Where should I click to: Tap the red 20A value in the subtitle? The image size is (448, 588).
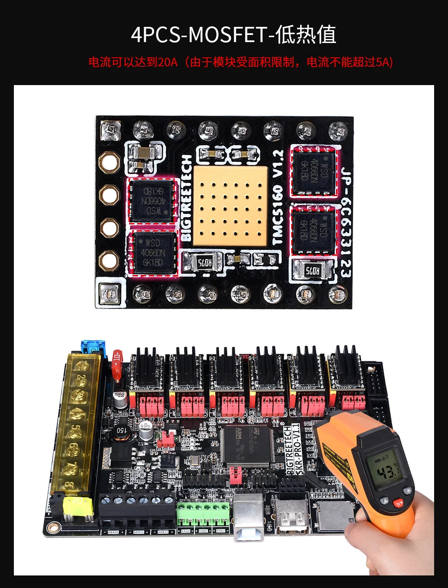click(168, 62)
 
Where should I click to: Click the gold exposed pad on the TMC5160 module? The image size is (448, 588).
click(230, 206)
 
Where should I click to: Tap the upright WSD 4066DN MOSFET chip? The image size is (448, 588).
click(153, 253)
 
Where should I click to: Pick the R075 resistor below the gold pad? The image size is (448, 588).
click(202, 263)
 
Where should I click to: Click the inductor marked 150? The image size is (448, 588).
click(121, 430)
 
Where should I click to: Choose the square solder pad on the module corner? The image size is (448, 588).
click(108, 293)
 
